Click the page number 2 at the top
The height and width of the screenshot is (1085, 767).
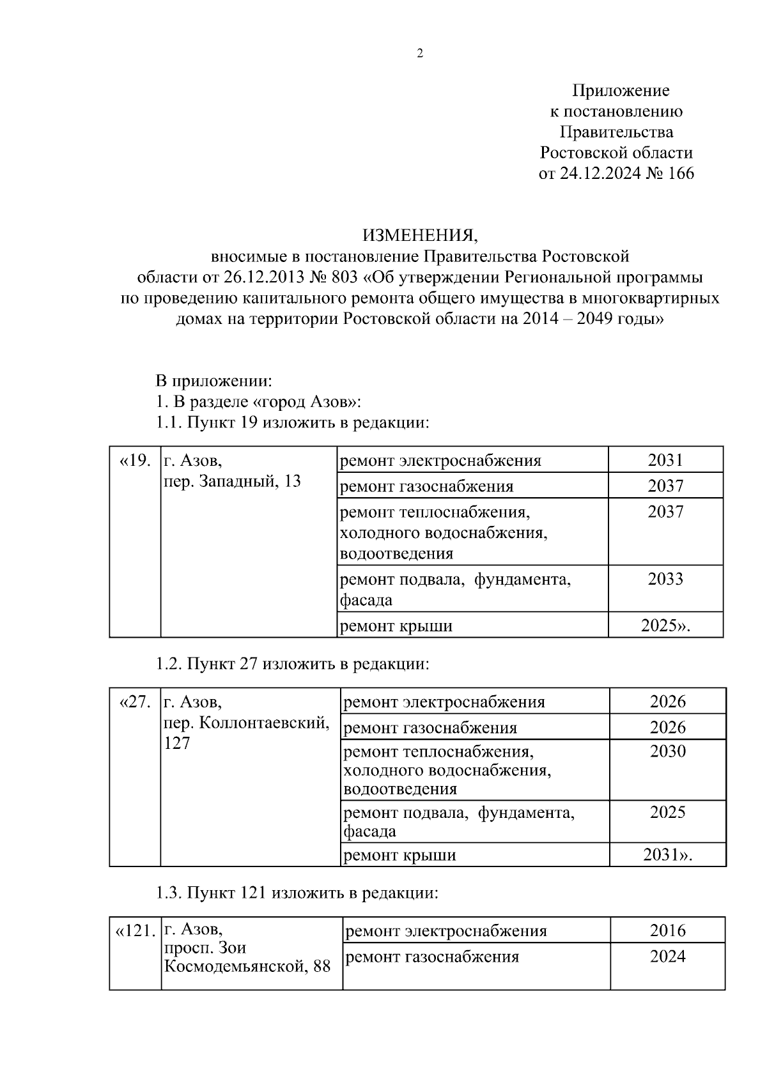tap(420, 54)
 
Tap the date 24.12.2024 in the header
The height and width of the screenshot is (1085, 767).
tap(600, 174)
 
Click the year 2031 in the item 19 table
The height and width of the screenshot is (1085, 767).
tap(665, 460)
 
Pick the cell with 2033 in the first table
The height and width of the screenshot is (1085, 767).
tap(665, 579)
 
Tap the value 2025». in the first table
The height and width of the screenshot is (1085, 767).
tap(665, 626)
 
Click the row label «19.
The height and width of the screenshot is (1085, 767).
tap(135, 460)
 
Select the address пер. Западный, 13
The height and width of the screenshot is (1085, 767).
tap(232, 481)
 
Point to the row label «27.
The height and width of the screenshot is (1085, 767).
tap(135, 702)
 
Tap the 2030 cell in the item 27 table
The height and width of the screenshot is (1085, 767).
tap(667, 751)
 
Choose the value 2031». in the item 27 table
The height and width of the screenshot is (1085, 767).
tap(667, 855)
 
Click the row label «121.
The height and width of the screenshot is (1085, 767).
tap(135, 931)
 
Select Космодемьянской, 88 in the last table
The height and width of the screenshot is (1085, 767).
tap(247, 967)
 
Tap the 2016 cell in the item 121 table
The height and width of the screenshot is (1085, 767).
tap(667, 930)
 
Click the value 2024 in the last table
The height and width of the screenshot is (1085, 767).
tap(667, 957)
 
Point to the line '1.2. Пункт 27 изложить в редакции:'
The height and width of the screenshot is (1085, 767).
tap(293, 664)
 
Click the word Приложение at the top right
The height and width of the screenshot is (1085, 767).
tap(620, 91)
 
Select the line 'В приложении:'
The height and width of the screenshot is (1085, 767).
tap(214, 381)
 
